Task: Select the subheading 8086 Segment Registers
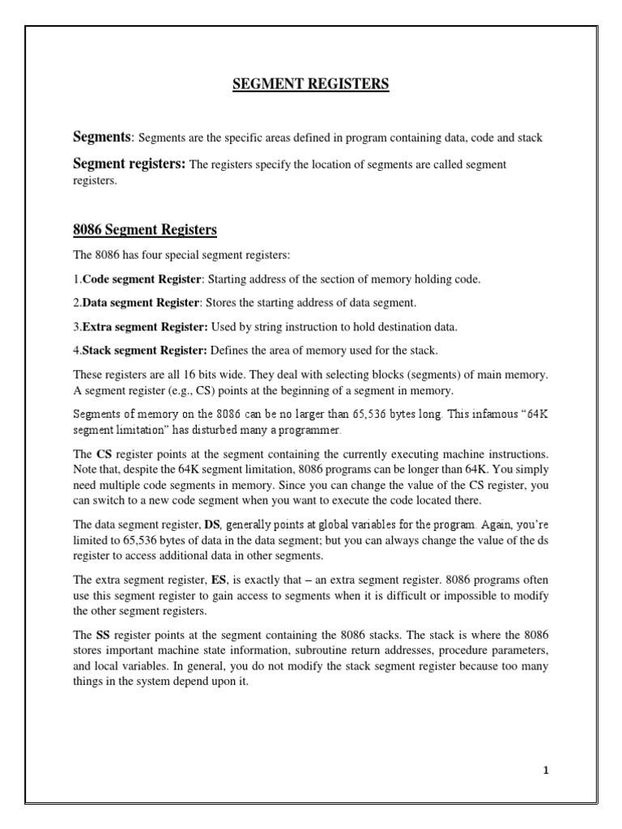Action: [145, 230]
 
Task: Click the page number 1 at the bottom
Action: [546, 770]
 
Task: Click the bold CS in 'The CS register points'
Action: [104, 455]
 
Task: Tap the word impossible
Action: [475, 596]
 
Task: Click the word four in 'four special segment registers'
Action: [147, 256]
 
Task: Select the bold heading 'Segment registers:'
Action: [129, 164]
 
